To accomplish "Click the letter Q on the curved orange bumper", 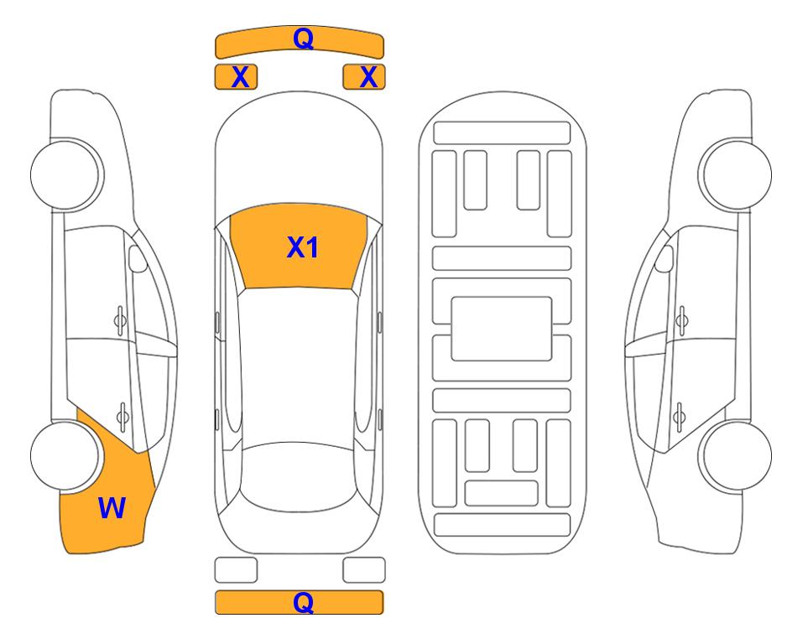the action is [303, 39].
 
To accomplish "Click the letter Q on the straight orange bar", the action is [303, 602].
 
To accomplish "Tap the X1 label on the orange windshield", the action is [303, 247].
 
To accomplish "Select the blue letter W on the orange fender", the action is [112, 508].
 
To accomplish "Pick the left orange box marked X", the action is [236, 77].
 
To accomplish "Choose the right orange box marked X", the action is [364, 77].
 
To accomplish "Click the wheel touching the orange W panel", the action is [65, 456].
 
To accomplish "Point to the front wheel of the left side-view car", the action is [66, 174].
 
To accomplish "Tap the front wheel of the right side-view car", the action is [736, 174].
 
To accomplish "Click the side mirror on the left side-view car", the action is [137, 258].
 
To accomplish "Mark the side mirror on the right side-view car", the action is [665, 258].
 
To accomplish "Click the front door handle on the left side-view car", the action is [120, 320].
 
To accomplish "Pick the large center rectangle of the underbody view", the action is [502, 329].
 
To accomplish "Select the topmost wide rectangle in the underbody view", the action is [502, 133].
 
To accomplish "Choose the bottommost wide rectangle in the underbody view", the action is [503, 525].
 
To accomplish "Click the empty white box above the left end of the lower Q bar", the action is [236, 570].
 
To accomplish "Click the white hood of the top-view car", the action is [299, 154].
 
